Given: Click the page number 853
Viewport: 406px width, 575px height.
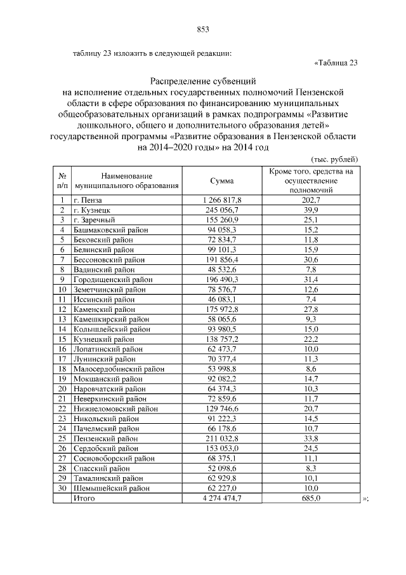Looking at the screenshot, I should click(203, 29).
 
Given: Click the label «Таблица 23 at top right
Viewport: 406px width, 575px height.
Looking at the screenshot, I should click(336, 62).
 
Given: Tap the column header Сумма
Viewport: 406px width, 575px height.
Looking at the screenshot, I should click(221, 181).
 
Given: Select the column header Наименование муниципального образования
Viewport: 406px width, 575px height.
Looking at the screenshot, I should click(126, 181).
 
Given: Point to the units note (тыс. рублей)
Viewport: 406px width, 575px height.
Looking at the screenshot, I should click(335, 159).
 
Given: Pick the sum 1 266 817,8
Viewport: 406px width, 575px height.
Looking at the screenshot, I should click(221, 200).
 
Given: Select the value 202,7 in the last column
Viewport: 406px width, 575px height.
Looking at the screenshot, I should click(311, 200).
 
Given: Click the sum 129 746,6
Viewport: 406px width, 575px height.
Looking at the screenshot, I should click(221, 409).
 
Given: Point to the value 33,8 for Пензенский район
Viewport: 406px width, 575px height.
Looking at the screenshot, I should click(311, 438).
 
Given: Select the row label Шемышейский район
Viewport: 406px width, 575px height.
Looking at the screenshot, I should click(112, 488).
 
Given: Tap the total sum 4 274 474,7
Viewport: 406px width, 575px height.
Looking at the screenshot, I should click(221, 499).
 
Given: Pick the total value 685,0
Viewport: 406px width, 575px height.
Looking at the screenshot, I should click(311, 499).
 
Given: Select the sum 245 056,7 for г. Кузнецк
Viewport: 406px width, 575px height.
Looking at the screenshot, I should click(221, 210).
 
